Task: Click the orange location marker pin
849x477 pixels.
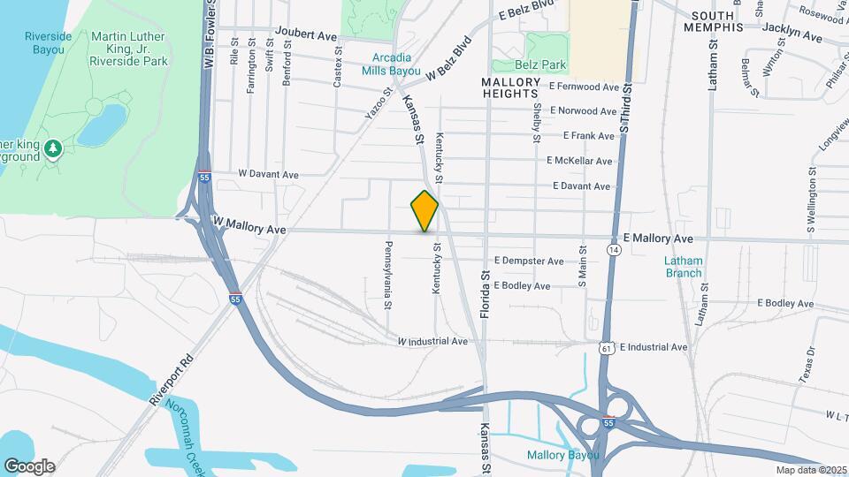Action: [424, 210]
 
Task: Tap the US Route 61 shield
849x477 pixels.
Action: [606, 348]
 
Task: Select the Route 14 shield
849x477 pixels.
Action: [613, 251]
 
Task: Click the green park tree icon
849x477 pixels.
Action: [52, 147]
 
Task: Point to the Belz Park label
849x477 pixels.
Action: [540, 64]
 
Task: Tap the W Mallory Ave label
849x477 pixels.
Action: [249, 228]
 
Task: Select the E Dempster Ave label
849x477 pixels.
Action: [529, 261]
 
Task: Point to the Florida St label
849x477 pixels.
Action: [486, 295]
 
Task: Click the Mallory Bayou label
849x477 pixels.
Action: [562, 456]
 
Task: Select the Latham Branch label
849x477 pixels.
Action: [684, 266]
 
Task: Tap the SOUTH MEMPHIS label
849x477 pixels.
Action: [725, 21]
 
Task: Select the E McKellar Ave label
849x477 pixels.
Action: [579, 161]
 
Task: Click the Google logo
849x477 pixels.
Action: [29, 466]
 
